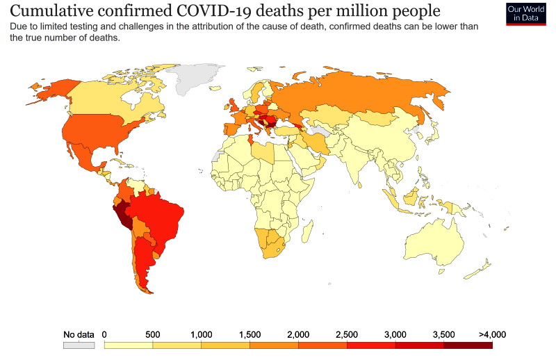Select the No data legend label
tap(79, 334)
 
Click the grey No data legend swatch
tap(79, 345)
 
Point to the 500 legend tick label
tap(153, 334)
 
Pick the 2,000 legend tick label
tap(298, 334)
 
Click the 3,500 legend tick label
tap(443, 334)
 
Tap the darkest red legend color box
tap(468, 345)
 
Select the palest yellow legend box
tap(128, 345)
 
